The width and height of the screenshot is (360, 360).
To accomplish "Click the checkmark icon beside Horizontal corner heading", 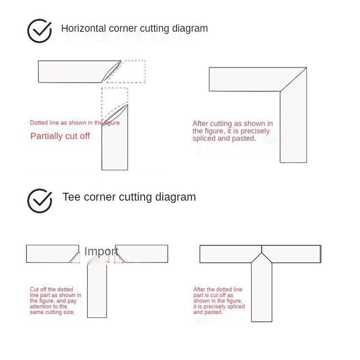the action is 39,31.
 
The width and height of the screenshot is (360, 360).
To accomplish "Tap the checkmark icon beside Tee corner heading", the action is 39,201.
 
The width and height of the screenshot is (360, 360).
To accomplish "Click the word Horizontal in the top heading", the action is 84,28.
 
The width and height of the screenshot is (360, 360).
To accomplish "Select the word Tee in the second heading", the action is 72,197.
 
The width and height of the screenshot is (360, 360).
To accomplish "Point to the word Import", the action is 101,252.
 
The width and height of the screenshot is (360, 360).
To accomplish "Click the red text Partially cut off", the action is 60,136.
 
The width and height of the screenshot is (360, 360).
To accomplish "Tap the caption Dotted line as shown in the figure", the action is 74,122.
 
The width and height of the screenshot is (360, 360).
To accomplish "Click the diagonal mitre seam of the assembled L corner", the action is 293,79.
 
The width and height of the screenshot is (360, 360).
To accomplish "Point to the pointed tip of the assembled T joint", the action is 262,253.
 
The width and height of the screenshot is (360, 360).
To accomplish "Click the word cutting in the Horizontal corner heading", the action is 155,29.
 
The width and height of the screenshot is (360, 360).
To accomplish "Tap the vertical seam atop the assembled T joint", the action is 262,249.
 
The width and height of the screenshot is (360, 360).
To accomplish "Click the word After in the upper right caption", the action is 200,123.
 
